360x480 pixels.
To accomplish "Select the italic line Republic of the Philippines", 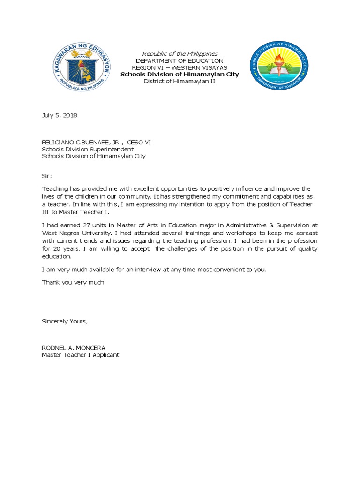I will (180, 54).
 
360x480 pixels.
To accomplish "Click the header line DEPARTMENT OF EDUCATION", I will (180, 61).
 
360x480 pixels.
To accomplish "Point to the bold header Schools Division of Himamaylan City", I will (180, 75).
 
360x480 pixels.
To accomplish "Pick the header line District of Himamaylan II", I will (180, 82).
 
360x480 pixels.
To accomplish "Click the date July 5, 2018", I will (60, 115).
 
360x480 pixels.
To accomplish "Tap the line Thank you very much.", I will (74, 282).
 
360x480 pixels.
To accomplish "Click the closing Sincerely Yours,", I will (65, 321).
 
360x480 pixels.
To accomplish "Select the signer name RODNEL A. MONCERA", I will (74, 347).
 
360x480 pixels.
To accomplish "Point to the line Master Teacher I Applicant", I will (81, 355).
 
